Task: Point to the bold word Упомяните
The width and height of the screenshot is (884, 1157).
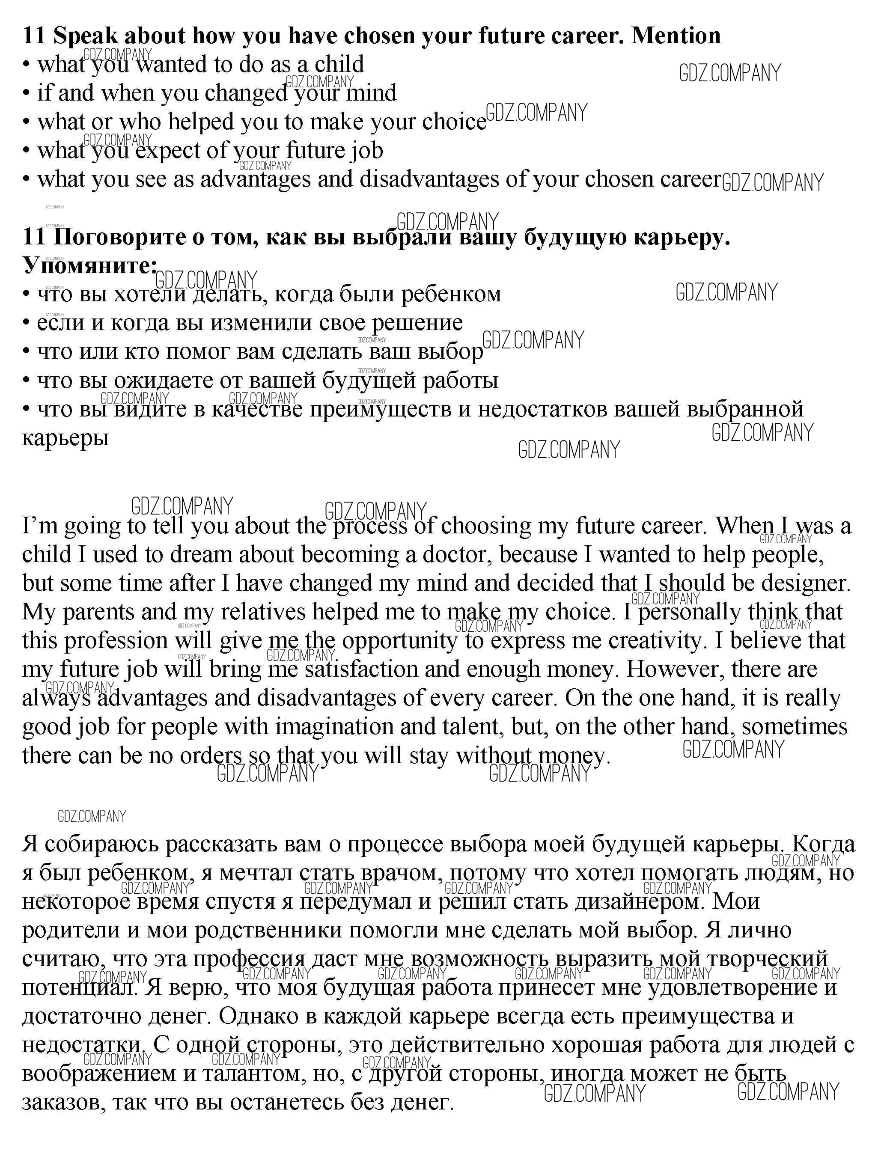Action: (x=88, y=266)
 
